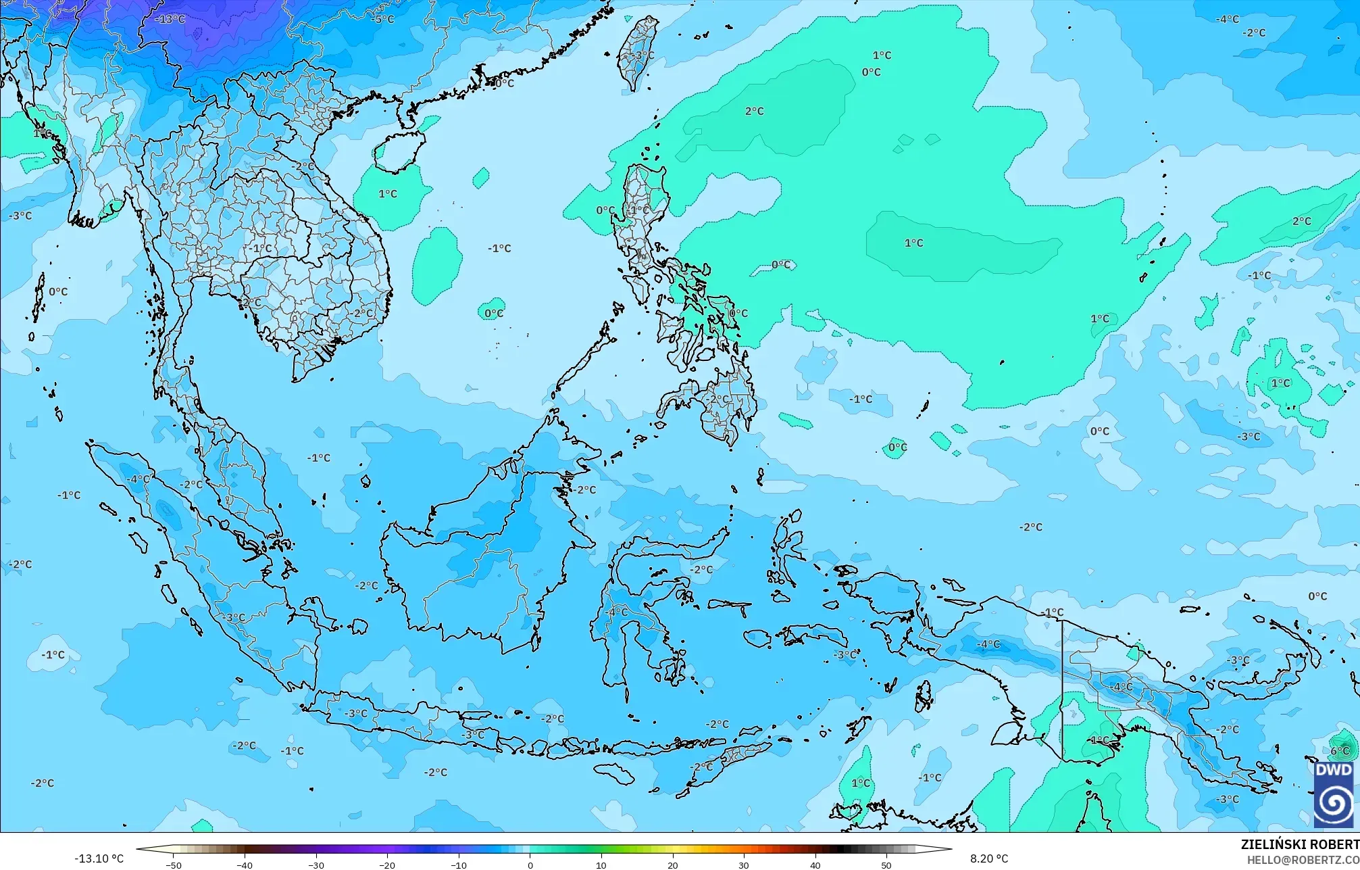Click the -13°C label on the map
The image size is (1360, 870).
point(170,19)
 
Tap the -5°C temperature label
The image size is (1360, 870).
point(382,19)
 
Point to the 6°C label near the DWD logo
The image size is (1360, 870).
point(1340,751)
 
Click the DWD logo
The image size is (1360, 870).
point(1334,795)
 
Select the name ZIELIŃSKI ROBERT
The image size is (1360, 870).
point(1299,844)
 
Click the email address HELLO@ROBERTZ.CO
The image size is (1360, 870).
point(1303,859)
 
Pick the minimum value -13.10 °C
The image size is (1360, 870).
point(99,859)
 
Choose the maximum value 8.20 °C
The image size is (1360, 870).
point(989,859)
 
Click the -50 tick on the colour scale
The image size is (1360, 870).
point(173,865)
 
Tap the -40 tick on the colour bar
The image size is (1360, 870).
point(245,865)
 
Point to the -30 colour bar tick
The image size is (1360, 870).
point(316,865)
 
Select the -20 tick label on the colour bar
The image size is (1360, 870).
point(387,865)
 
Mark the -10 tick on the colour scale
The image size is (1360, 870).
point(458,865)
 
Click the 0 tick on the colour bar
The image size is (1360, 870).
point(530,865)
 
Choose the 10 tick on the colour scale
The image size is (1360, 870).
point(601,865)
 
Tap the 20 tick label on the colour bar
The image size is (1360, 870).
point(672,865)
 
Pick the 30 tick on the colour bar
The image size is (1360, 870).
point(744,865)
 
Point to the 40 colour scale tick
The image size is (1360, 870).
point(815,865)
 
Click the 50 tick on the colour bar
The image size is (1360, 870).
point(886,865)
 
